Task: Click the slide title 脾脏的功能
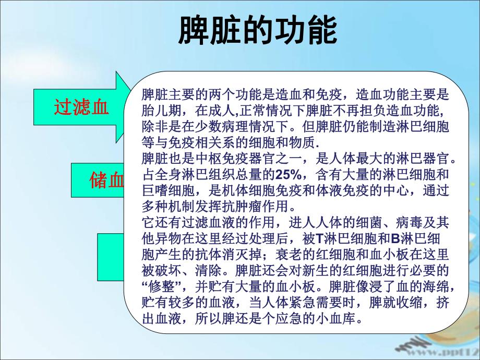coord(257,31)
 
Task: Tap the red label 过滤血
coord(81,107)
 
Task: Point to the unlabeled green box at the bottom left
coord(111,256)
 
